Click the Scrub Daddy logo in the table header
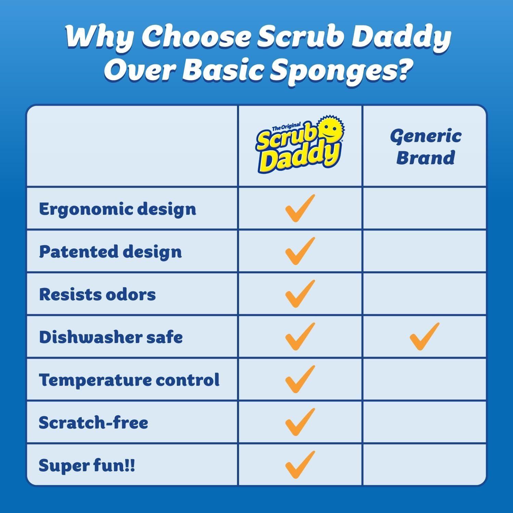pos(300,145)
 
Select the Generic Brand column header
pos(425,147)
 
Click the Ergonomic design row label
pos(117,209)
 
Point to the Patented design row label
pos(110,252)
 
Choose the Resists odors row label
pos(97,294)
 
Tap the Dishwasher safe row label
pos(110,337)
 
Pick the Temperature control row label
pos(129,380)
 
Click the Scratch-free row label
pos(93,423)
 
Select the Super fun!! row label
pos(87,465)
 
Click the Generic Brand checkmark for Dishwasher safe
pos(424,337)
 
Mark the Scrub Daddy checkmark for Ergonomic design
pos(300,208)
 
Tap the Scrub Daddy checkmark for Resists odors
pos(300,294)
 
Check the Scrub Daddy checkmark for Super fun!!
pos(300,465)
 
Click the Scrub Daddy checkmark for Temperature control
pos(300,379)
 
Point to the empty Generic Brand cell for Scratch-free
pos(424,422)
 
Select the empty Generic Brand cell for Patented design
pos(424,251)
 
